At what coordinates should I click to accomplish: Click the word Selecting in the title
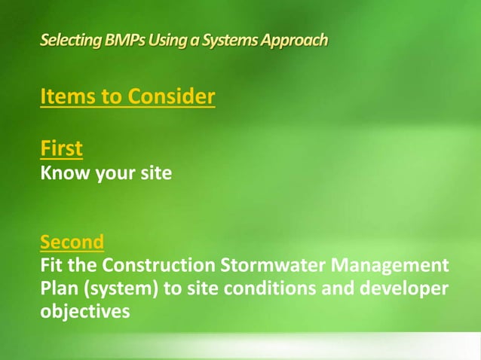[67, 40]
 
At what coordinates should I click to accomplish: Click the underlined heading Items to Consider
[127, 98]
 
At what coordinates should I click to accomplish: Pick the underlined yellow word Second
[72, 243]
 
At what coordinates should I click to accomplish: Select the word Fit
[52, 267]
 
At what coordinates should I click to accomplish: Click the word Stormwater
[274, 267]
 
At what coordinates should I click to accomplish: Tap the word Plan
[59, 290]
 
